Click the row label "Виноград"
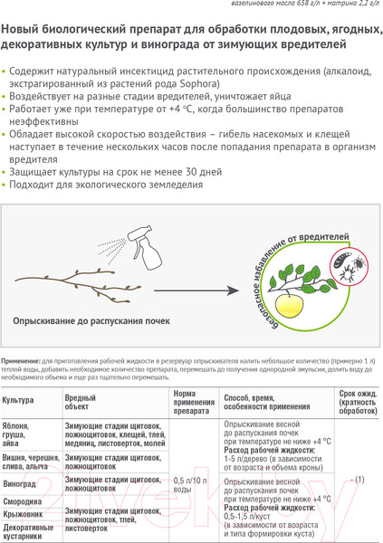19,484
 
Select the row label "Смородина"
23,500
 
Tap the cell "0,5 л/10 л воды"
190,484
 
